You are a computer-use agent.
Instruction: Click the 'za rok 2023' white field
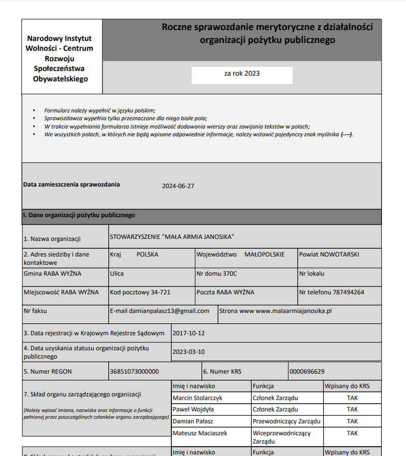[x=242, y=74]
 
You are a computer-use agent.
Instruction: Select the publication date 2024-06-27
[x=178, y=187]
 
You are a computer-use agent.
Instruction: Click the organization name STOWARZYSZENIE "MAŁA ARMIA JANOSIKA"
[x=172, y=237]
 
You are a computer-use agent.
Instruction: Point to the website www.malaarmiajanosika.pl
[x=294, y=311]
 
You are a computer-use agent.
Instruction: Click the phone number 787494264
[x=348, y=292]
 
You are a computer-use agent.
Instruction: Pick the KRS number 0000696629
[x=307, y=372]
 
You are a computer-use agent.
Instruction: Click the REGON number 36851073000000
[x=134, y=372]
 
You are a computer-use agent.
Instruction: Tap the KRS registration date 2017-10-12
[x=189, y=333]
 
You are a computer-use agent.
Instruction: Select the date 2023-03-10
[x=189, y=352]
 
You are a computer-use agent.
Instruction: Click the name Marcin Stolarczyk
[x=197, y=398]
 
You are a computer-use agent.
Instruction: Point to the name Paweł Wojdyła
[x=193, y=409]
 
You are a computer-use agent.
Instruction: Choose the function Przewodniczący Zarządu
[x=286, y=421]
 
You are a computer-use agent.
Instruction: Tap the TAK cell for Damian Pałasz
[x=352, y=421]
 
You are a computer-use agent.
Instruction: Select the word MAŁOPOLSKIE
[x=264, y=254]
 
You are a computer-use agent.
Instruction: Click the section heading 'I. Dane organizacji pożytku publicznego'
[x=79, y=215]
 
